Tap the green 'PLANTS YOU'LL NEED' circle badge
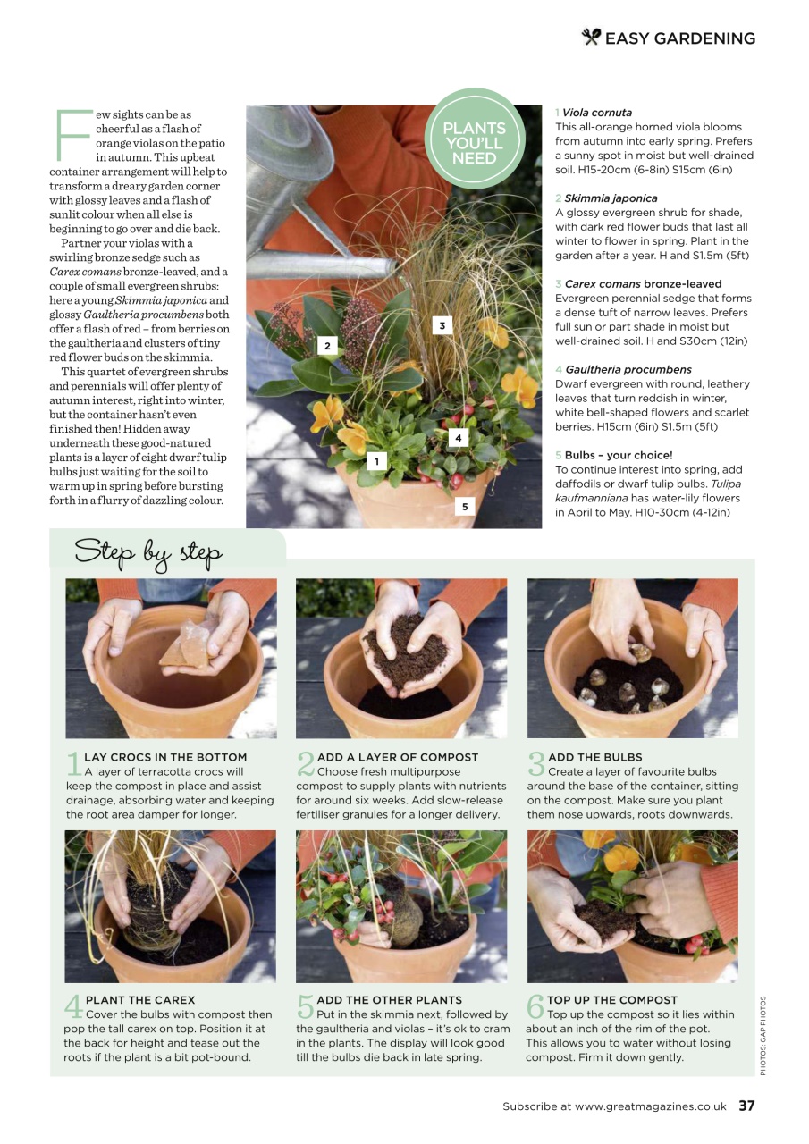coord(474,142)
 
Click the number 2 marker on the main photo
coord(327,345)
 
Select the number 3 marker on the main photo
coord(442,326)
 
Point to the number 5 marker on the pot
coord(465,507)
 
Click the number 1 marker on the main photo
coord(377,461)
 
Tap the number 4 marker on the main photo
coord(459,438)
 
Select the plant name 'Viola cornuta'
coord(597,113)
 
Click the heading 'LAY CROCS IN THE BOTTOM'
coord(165,757)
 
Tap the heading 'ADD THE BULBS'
coord(594,757)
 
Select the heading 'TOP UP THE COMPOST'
coord(612,1000)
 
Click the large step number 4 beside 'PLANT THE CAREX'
coord(73,1007)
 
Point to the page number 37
coord(746,1106)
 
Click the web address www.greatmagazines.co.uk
coord(651,1106)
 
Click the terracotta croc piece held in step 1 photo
coord(190,646)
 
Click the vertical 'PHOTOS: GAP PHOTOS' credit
coord(763,1035)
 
